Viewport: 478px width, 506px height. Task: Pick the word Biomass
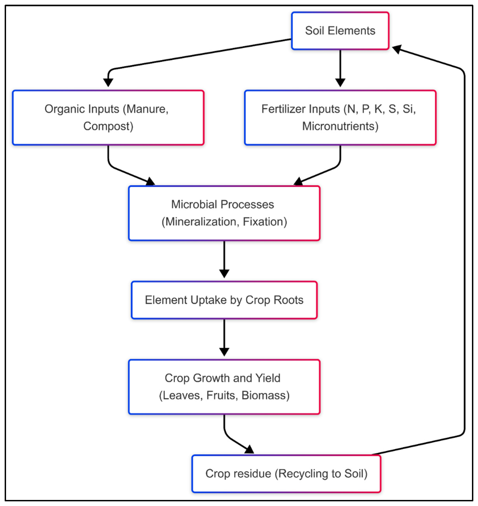[x=265, y=395]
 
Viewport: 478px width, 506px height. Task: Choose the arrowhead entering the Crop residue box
[x=249, y=450]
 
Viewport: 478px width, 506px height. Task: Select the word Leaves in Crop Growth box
[x=181, y=395]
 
